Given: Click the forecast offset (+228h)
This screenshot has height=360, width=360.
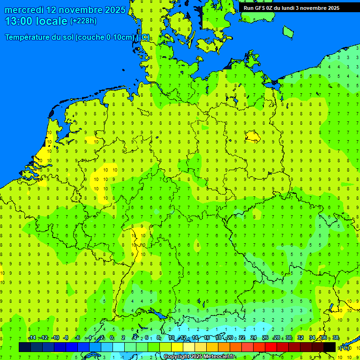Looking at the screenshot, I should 83,21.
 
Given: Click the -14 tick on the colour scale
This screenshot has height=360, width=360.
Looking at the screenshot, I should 32,338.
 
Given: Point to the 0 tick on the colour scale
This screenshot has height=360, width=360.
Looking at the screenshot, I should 112,338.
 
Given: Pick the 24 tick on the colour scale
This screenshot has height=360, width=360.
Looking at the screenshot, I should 254,338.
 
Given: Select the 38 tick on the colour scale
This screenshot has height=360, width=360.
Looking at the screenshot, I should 336,338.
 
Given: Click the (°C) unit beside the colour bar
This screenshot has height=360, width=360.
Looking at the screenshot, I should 344,347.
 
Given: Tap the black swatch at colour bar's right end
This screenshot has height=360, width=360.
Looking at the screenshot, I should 330,347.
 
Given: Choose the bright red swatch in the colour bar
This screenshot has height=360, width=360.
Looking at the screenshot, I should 271,347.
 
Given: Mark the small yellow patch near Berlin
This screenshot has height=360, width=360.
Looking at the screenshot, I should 253,136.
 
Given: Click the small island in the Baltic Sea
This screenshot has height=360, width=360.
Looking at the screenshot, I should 288,31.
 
